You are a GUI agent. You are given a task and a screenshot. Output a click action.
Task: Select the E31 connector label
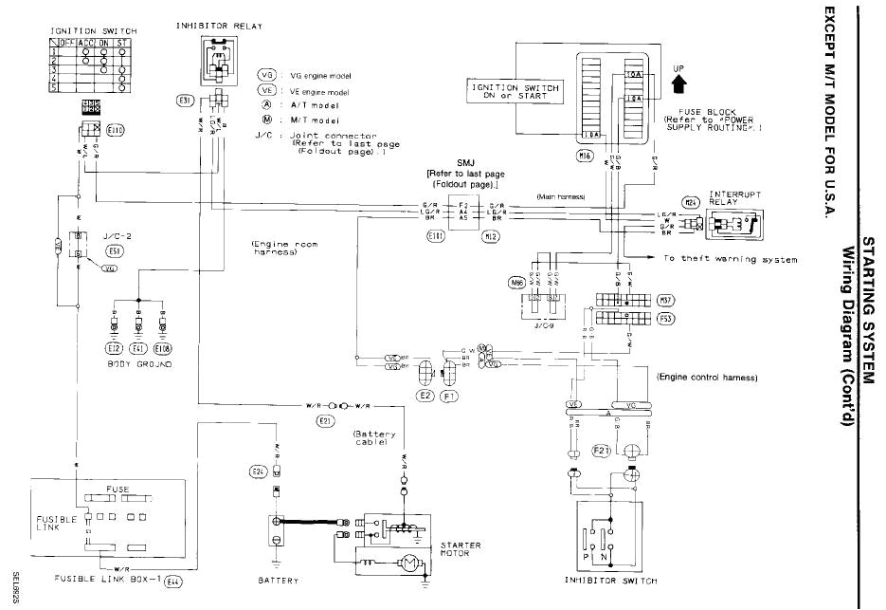point(185,100)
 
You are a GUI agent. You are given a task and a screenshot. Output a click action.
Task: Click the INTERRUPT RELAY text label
point(736,194)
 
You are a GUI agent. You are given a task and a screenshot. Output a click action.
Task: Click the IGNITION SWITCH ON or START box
point(515,92)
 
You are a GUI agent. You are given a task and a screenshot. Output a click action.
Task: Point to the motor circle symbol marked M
point(409,564)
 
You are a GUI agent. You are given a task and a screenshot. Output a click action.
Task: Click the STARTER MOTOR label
point(461,549)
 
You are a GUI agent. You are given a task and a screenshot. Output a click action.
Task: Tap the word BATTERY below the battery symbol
point(279,581)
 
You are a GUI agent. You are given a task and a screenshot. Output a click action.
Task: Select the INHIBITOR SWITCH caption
point(605,580)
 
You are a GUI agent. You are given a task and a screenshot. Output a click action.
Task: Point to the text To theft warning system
point(730,259)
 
